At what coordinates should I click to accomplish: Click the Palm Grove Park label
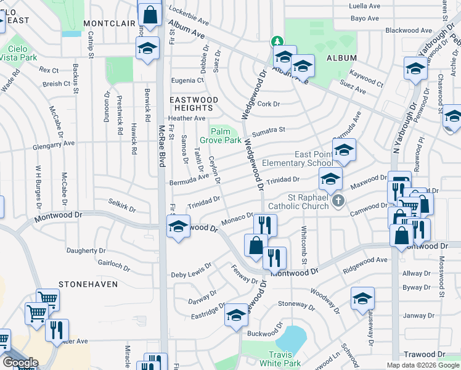point(224,136)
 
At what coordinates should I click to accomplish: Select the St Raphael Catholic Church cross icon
point(337,201)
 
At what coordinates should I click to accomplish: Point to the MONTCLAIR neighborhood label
point(109,23)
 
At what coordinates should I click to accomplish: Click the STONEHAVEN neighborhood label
point(84,284)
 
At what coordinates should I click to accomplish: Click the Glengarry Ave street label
point(54,143)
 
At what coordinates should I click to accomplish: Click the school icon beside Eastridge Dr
point(236,316)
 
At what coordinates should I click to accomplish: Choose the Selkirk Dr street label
point(121,205)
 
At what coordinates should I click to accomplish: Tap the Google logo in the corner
point(20,363)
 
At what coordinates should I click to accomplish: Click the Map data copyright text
point(423,365)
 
